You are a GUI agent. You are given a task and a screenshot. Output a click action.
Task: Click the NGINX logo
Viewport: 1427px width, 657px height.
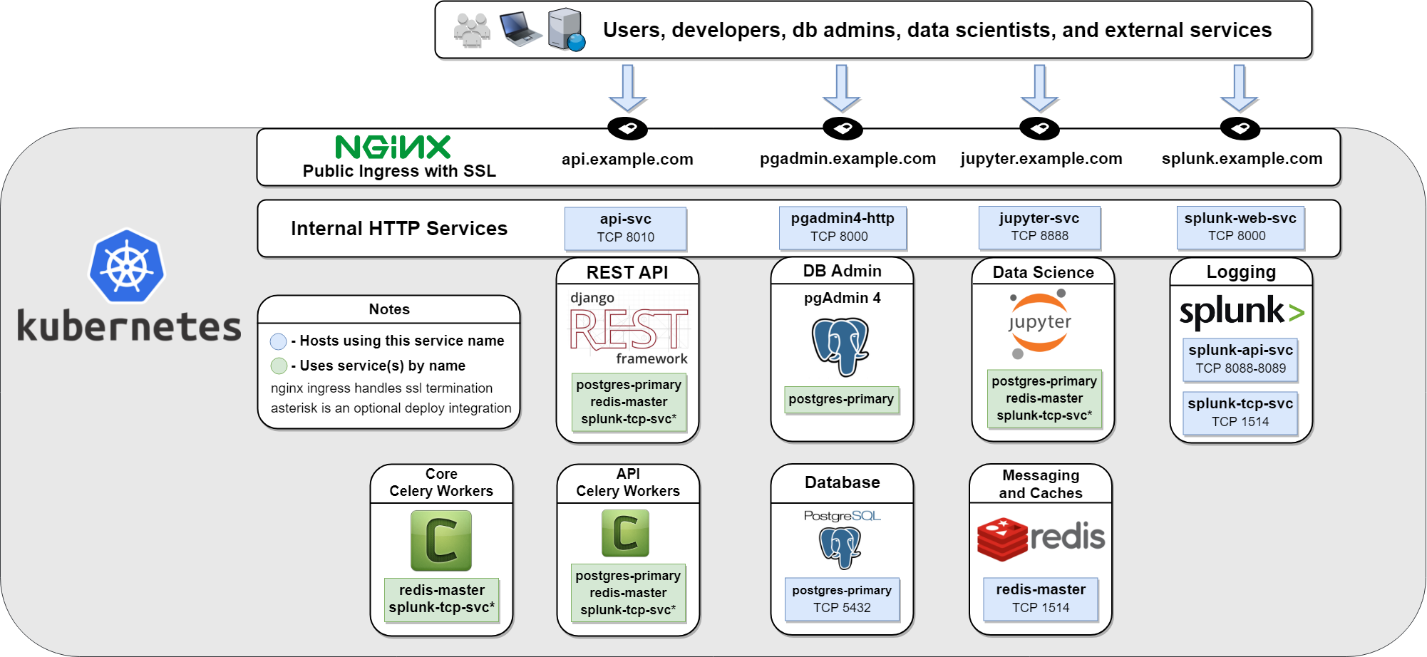coord(393,148)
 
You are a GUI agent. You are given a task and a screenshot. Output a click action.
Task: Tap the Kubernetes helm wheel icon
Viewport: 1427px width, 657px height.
coord(127,267)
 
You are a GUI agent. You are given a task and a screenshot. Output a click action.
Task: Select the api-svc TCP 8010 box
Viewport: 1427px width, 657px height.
coord(625,228)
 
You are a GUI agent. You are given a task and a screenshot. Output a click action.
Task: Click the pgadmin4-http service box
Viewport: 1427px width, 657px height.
coord(842,227)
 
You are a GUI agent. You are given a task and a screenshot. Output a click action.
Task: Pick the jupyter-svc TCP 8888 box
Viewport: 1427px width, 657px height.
coord(1039,227)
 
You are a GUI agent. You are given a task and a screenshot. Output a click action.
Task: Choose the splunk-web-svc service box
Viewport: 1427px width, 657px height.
coord(1240,227)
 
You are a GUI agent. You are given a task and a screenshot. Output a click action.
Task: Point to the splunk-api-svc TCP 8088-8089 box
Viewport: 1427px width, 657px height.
coord(1240,359)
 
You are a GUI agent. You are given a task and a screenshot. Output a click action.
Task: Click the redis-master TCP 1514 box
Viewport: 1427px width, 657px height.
coord(1041,599)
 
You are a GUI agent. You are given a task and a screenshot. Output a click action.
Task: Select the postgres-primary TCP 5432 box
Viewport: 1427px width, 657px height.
coord(842,599)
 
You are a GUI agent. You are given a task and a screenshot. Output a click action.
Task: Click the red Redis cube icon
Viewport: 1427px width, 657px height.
coord(1002,539)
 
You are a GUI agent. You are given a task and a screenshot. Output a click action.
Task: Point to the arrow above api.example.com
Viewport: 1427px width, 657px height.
coord(627,87)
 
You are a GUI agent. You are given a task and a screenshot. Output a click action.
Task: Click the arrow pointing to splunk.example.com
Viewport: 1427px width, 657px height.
coord(1239,87)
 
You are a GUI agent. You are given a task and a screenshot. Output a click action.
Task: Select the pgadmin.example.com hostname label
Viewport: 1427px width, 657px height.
coord(848,159)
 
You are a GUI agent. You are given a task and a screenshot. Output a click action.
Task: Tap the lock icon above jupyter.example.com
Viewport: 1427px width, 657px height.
coord(1039,129)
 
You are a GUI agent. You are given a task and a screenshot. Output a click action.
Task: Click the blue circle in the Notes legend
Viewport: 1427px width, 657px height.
coord(279,341)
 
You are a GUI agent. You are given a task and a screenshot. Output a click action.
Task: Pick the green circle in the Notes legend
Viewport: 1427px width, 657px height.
coord(279,366)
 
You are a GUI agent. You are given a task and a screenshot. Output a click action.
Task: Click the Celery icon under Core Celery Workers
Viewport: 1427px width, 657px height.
coord(441,540)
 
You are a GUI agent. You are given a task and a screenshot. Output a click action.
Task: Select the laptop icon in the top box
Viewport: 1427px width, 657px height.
coord(520,29)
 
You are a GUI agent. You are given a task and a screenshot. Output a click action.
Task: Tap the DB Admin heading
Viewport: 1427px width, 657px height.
coord(842,271)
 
